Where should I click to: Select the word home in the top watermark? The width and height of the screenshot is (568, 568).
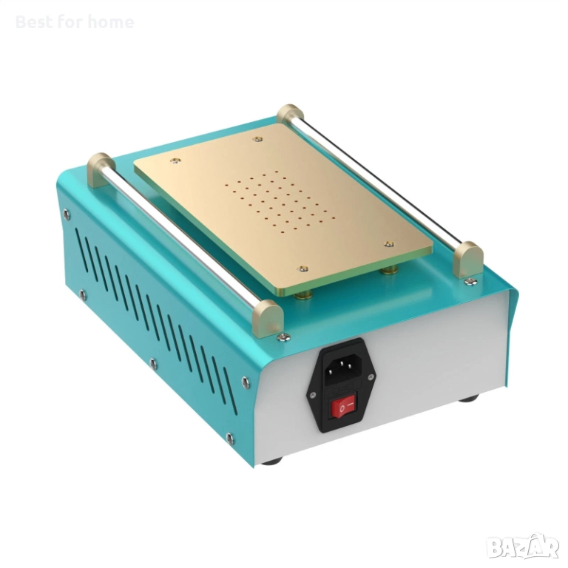click(x=111, y=22)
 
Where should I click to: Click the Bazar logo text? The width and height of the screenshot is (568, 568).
click(x=522, y=547)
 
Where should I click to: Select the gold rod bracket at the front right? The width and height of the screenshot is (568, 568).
click(x=467, y=259)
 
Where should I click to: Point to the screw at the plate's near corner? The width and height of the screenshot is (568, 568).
click(x=301, y=270)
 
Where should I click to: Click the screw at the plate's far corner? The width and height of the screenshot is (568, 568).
click(x=257, y=138)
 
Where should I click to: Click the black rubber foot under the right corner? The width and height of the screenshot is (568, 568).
click(x=468, y=399)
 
